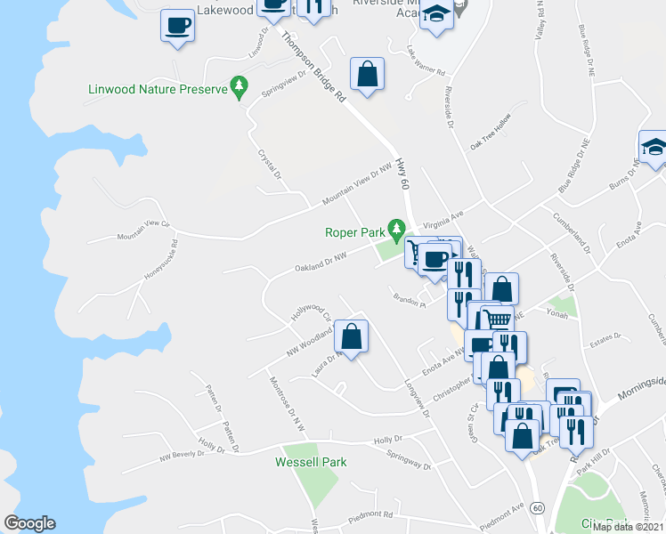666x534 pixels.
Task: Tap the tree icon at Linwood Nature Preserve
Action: [x=239, y=86]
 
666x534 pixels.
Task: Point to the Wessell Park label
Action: [x=311, y=462]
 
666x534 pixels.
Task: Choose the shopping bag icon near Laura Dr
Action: [x=352, y=336]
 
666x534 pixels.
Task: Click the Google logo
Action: [x=29, y=523]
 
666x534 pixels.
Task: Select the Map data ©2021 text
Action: [x=628, y=527]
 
